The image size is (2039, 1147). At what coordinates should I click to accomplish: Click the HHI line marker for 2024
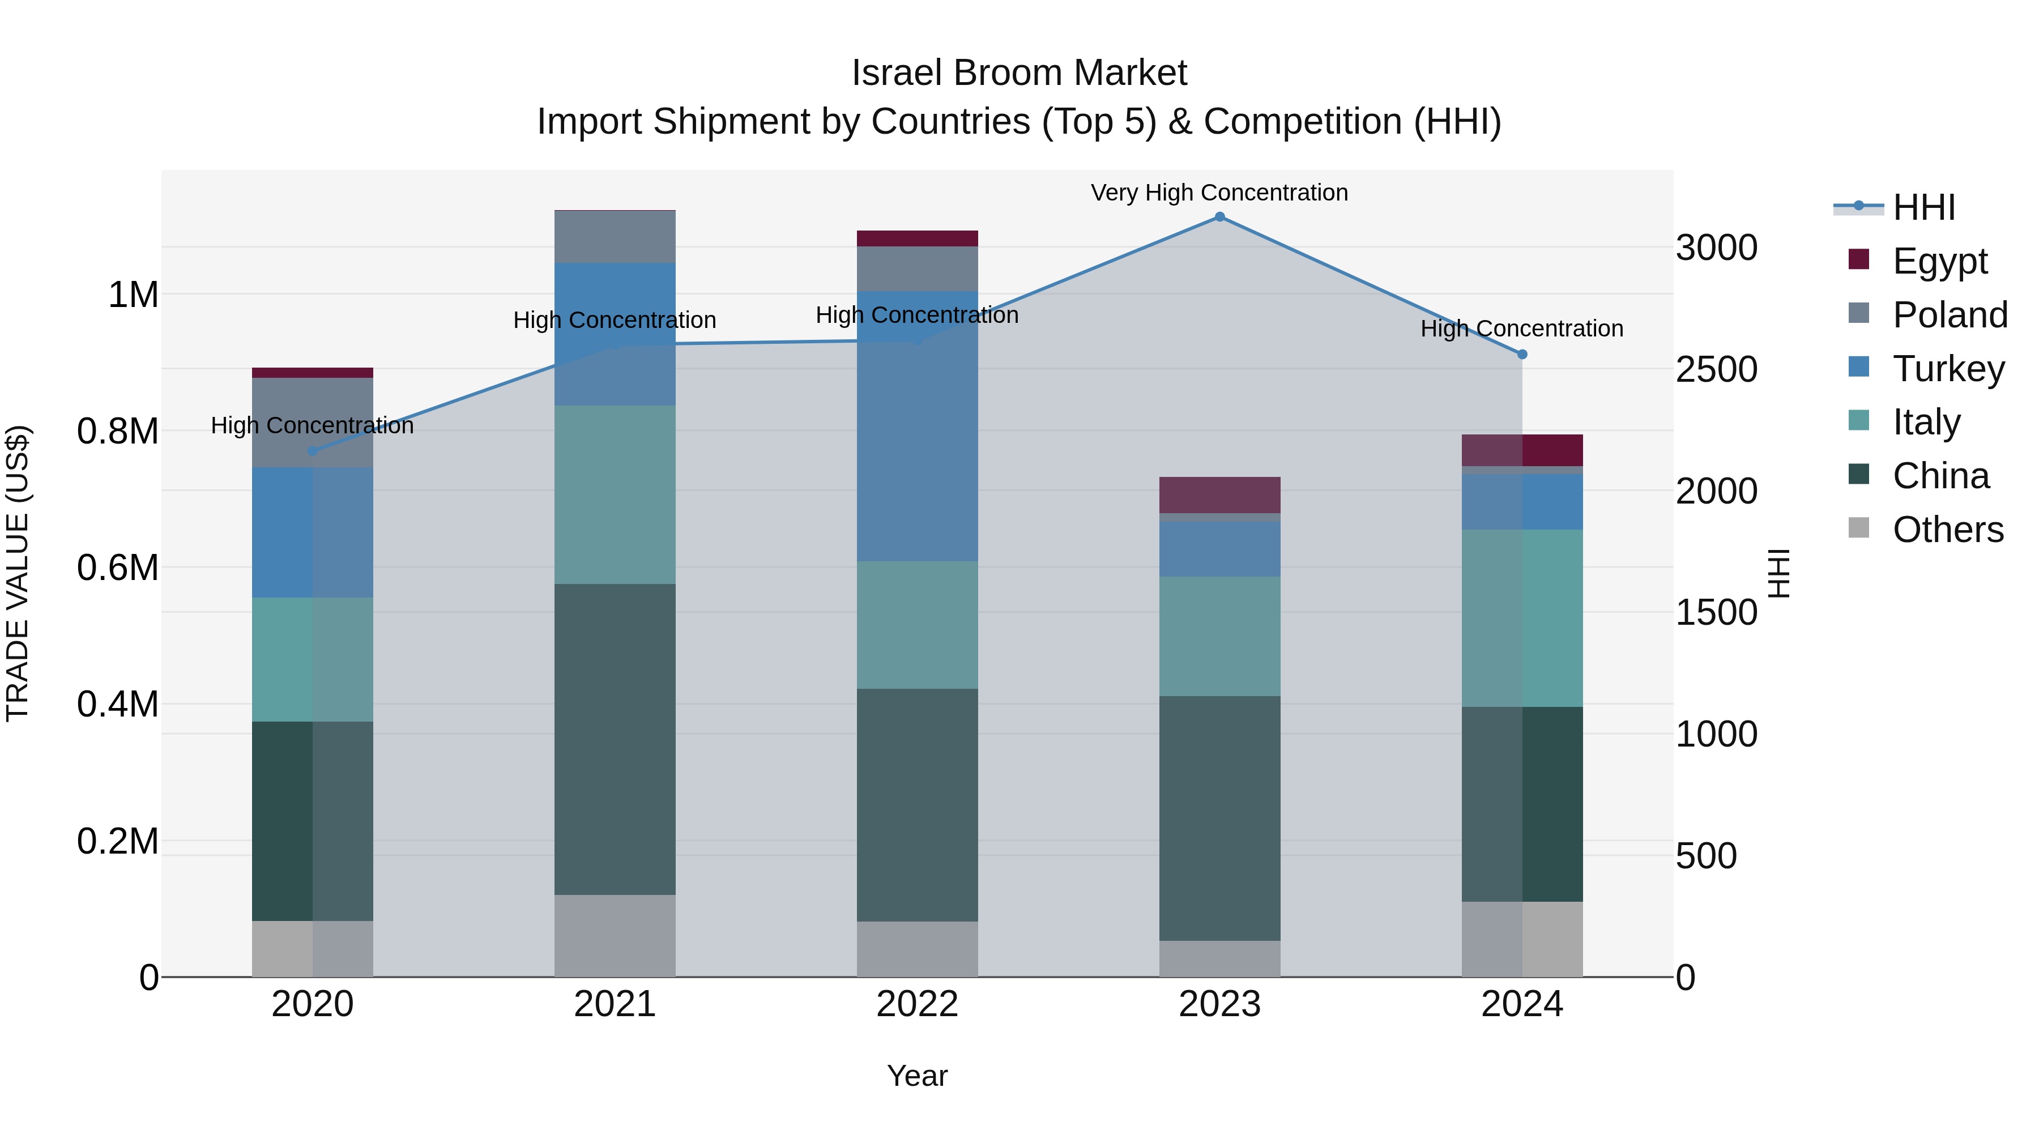(1521, 355)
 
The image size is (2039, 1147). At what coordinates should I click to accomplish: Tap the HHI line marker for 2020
(312, 451)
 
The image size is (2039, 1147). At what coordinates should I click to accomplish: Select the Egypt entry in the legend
(1939, 261)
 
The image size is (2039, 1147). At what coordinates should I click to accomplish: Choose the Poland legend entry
(1949, 314)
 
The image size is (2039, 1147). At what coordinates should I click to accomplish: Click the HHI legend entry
(1923, 207)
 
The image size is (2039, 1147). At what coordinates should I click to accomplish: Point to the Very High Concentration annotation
(1219, 193)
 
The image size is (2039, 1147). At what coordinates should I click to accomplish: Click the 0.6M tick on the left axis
(117, 568)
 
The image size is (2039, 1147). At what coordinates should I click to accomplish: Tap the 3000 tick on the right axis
(1716, 247)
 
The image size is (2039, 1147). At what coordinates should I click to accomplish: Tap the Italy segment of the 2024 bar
(1521, 617)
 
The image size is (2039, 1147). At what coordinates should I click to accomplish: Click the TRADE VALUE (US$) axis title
(18, 573)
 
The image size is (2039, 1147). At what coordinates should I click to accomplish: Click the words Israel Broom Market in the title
(1019, 73)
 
